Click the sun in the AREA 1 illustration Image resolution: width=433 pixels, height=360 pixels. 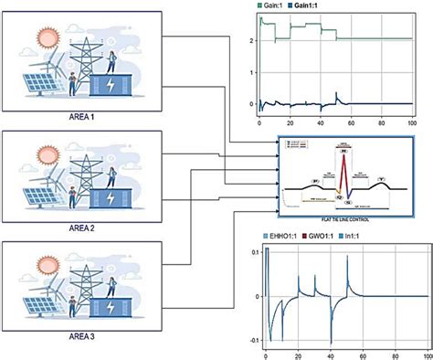click(x=47, y=38)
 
